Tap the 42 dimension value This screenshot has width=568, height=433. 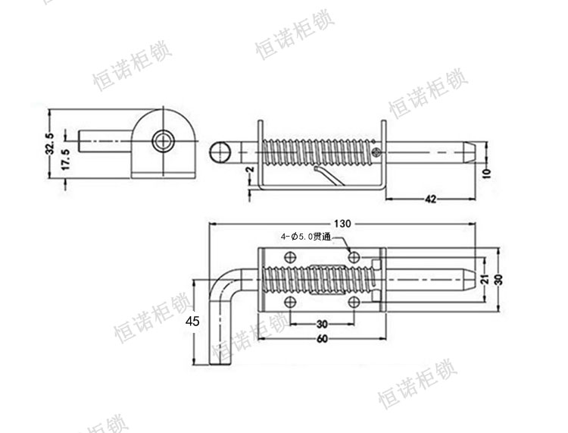pyautogui.click(x=430, y=199)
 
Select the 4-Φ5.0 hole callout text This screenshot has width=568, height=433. pyautogui.click(x=306, y=237)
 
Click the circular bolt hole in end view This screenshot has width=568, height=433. pyautogui.click(x=161, y=141)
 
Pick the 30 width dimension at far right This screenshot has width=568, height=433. pyautogui.click(x=498, y=278)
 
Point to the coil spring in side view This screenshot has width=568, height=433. pyautogui.click(x=318, y=152)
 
